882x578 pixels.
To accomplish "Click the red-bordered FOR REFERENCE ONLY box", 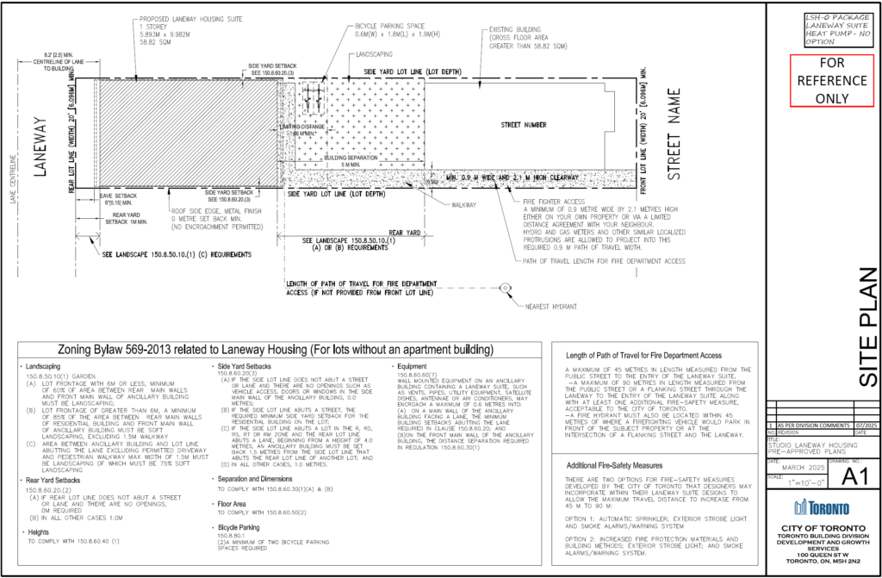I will (x=821, y=79).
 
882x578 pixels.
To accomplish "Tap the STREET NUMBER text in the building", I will (x=523, y=125).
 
